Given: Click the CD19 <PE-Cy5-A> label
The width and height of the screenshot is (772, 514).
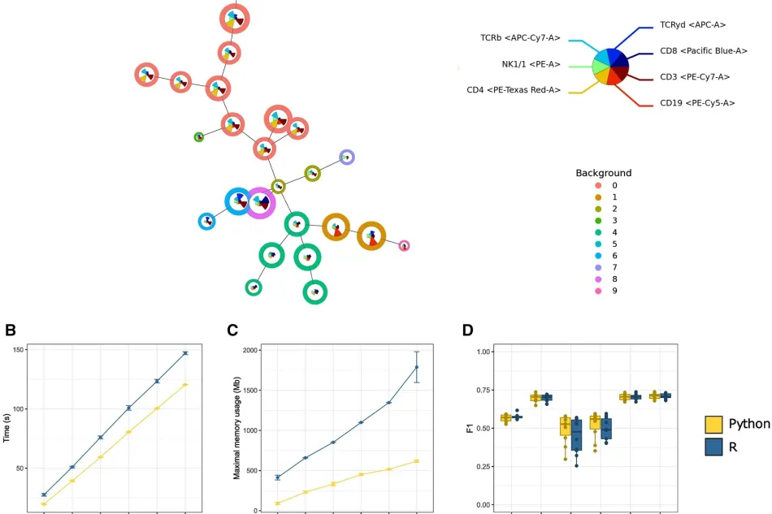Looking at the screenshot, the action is pyautogui.click(x=697, y=103).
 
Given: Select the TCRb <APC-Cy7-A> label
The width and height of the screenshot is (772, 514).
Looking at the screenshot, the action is pyautogui.click(x=520, y=38).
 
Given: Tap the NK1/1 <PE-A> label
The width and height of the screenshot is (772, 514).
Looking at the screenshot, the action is pyautogui.click(x=531, y=64).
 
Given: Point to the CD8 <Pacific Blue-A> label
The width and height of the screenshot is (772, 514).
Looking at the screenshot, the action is pyautogui.click(x=704, y=50).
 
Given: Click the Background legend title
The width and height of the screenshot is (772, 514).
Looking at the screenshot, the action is pyautogui.click(x=604, y=173).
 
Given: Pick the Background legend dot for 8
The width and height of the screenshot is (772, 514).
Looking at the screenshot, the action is pyautogui.click(x=598, y=279).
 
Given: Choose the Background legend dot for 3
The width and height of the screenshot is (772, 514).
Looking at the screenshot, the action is pyautogui.click(x=598, y=220).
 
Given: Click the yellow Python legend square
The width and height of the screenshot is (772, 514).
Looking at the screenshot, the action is pyautogui.click(x=713, y=424).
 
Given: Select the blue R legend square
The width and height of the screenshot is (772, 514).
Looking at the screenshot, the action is pyautogui.click(x=713, y=447).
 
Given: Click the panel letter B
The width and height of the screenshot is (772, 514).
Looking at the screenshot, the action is pyautogui.click(x=11, y=330).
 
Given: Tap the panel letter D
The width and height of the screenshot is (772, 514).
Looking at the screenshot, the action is pyautogui.click(x=468, y=330).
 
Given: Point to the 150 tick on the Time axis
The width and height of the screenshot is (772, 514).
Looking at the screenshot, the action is pyautogui.click(x=19, y=350).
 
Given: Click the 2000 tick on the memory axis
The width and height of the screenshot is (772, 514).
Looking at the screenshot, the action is pyautogui.click(x=250, y=350).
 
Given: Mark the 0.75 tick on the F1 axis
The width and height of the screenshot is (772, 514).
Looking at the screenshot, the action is pyautogui.click(x=484, y=390).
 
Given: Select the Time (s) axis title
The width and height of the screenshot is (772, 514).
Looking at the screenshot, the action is pyautogui.click(x=7, y=427).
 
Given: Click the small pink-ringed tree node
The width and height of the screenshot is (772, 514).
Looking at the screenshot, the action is pyautogui.click(x=404, y=246).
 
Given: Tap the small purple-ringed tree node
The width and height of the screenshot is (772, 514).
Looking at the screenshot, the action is pyautogui.click(x=347, y=158).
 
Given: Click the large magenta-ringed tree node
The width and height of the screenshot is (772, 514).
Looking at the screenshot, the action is pyautogui.click(x=259, y=203).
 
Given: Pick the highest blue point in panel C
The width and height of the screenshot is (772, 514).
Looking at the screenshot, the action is pyautogui.click(x=417, y=367).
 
